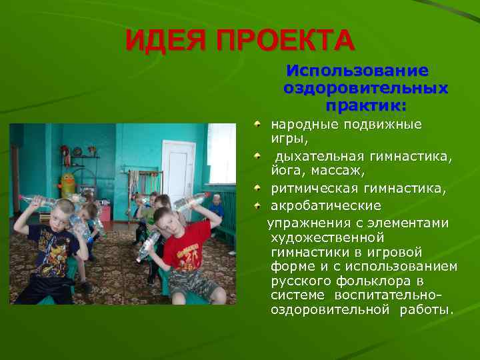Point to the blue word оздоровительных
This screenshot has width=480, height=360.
(365, 89)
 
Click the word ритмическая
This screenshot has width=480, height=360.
(313, 189)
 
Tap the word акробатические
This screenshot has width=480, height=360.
(325, 206)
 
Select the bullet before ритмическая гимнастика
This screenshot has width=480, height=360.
(256, 189)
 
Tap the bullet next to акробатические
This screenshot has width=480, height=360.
(256, 206)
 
